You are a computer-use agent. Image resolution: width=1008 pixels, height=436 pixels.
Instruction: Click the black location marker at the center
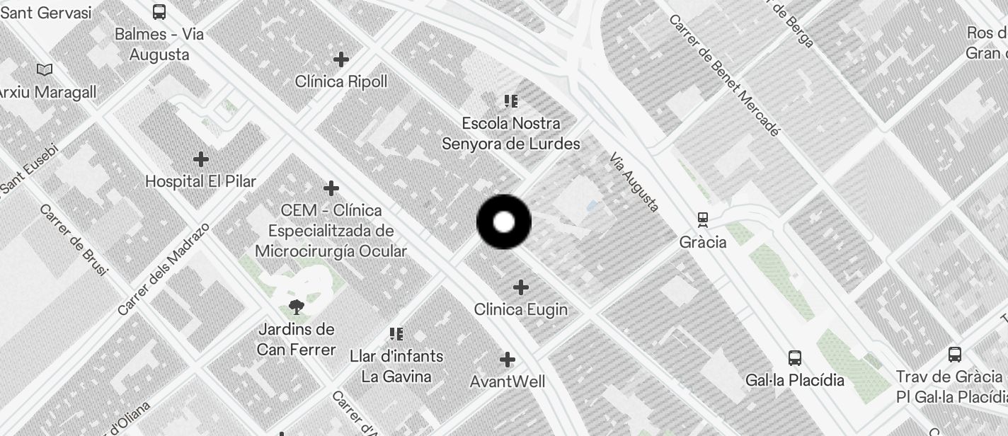pos(504,222)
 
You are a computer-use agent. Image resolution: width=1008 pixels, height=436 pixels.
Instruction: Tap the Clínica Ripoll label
pos(341,81)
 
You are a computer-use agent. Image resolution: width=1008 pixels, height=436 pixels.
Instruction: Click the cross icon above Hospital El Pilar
pos(201,159)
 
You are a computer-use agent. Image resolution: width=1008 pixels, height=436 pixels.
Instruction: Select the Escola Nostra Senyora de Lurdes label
pos(511,133)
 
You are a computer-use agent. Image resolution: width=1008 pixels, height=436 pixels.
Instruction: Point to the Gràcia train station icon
pos(703,219)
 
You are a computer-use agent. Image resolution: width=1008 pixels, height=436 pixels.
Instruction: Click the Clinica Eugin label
pos(521,309)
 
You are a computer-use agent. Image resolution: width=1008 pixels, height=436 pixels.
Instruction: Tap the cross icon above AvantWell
pos(508,360)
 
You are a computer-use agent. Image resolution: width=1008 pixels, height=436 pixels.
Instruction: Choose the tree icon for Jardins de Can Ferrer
pos(297,306)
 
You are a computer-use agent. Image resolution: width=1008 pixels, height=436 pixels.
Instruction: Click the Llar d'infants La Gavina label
pos(396,366)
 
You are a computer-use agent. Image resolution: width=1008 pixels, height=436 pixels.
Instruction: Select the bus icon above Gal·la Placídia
pos(795,358)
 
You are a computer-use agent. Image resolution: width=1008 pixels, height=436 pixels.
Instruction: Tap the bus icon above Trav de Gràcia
pos(955,355)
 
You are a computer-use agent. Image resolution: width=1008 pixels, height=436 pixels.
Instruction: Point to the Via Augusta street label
pos(634,182)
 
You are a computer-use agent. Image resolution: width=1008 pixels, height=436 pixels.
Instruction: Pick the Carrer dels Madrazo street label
pos(164,269)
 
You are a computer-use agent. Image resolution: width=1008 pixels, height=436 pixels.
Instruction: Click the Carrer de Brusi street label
pos(74,240)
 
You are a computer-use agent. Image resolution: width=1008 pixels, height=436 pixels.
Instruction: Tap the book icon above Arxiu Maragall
pos(45,69)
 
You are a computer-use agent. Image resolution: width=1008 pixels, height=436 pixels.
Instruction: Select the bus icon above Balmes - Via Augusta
pos(159,11)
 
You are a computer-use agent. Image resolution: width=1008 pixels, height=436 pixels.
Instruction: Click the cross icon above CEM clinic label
pos(331,188)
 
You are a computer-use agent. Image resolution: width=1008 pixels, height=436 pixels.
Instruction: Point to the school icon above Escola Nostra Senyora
pos(511,101)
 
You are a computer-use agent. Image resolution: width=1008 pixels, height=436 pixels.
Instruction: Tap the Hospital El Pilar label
pos(200,181)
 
